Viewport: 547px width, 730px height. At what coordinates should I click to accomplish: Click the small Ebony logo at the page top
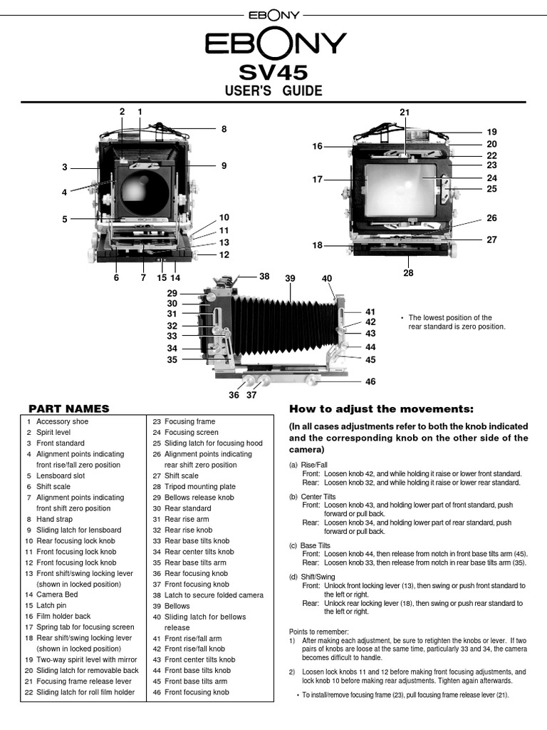[273, 14]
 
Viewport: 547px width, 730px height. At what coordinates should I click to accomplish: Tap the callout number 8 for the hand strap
[224, 130]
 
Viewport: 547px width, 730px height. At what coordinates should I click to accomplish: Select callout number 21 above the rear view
[405, 113]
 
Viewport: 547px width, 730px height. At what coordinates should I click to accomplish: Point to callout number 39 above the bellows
[290, 278]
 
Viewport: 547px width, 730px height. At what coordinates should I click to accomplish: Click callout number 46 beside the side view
[370, 382]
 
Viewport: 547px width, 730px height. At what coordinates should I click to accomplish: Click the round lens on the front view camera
[145, 189]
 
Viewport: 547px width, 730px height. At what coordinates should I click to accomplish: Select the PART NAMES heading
[68, 408]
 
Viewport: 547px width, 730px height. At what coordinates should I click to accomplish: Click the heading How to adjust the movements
[381, 408]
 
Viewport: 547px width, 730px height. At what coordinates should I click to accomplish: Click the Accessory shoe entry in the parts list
[63, 421]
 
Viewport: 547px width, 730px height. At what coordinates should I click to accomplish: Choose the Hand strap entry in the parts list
[56, 519]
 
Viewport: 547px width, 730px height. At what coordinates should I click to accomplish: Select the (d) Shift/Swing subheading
[314, 576]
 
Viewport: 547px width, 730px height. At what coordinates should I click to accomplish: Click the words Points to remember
[319, 632]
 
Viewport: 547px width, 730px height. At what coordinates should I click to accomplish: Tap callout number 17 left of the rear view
[318, 180]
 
